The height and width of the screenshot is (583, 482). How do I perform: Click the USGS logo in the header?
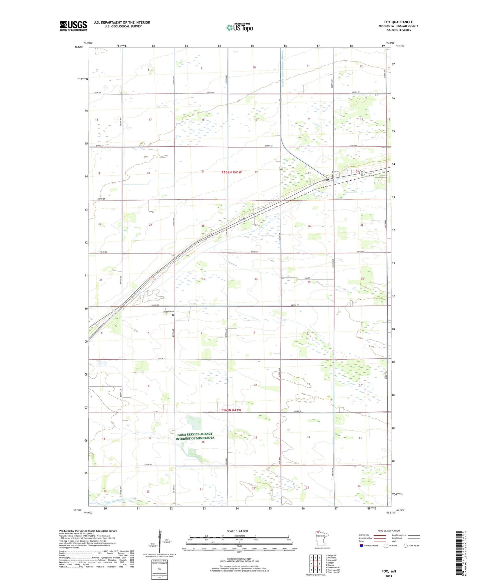(73, 25)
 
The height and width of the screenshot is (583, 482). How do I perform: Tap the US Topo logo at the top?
(239, 27)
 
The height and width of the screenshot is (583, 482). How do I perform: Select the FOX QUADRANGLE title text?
(398, 22)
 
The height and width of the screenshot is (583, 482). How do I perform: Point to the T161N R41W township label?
(235, 410)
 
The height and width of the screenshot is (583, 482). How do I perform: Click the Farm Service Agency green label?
(195, 436)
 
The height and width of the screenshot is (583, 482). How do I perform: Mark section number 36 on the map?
(362, 279)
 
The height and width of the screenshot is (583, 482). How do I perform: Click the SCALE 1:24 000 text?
(237, 531)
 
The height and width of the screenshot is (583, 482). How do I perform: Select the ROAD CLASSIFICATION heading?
(389, 531)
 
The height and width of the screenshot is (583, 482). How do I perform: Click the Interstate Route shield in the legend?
(361, 546)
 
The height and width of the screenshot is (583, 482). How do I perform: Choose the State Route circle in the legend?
(406, 546)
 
